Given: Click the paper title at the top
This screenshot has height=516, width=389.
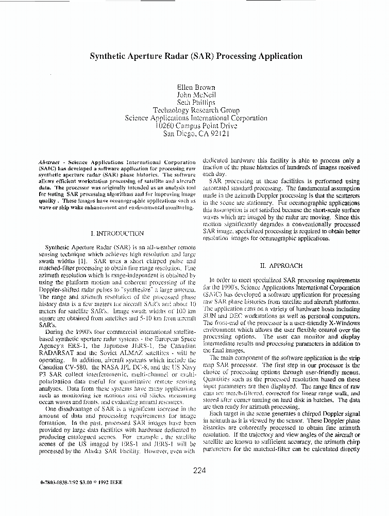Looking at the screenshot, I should [x=196, y=56].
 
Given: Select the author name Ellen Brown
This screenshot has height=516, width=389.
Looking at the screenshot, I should [x=196, y=87].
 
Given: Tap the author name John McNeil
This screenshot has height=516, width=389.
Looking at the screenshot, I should [x=196, y=95].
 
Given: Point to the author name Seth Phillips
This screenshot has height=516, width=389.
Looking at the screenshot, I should [x=196, y=103].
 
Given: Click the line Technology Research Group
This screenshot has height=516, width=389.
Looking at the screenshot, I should [x=196, y=110].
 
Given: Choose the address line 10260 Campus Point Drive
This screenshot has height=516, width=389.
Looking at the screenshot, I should [x=196, y=125].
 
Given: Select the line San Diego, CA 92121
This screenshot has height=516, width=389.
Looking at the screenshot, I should [x=196, y=133].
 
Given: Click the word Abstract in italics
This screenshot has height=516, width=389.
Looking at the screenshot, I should [x=49, y=162].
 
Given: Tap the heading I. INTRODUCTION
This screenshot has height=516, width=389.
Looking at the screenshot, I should [x=116, y=233].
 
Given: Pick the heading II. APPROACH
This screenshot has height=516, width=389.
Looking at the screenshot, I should [x=281, y=266].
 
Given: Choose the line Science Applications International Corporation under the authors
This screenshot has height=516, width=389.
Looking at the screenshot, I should [x=196, y=118].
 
